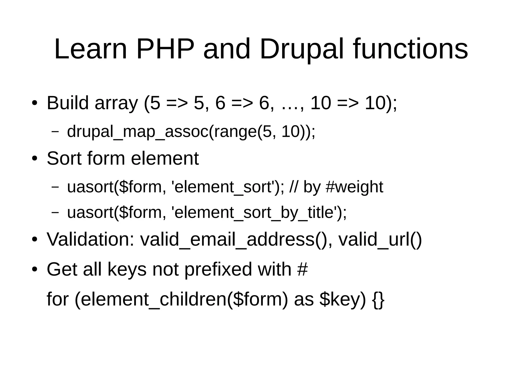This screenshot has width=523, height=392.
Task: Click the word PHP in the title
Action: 165,49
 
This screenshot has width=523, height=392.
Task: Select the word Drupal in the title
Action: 302,49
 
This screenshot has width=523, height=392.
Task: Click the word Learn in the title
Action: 91,49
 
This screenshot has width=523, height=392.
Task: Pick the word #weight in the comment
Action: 354,187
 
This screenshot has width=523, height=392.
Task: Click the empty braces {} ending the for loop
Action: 378,299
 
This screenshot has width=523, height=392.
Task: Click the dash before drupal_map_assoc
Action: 55,132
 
